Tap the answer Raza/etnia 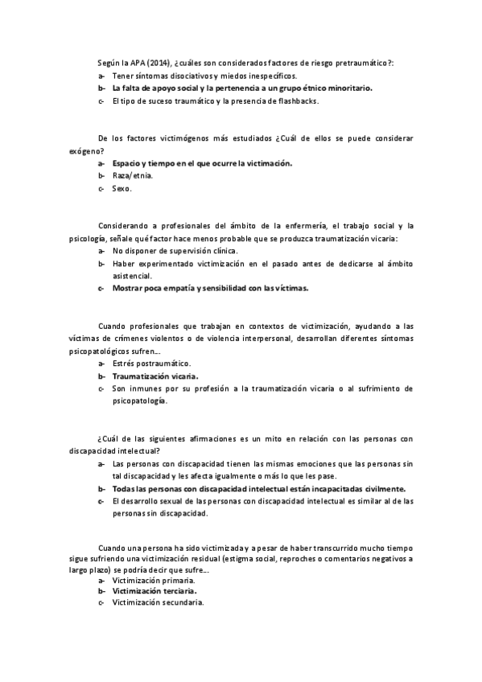pos(133,175)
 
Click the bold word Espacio pos(127,163)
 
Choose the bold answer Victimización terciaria pos(154,590)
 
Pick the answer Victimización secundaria pos(158,602)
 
